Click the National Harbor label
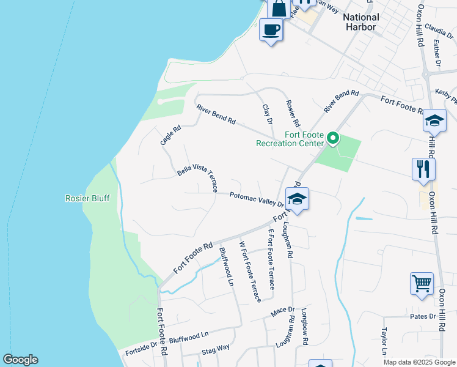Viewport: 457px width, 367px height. click(x=360, y=22)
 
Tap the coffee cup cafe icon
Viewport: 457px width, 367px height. click(x=271, y=29)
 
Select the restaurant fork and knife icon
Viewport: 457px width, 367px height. click(x=423, y=168)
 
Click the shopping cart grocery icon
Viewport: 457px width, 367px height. click(x=422, y=283)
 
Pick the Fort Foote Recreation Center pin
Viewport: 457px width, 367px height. click(x=332, y=139)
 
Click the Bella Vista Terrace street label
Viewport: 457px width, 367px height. click(x=197, y=177)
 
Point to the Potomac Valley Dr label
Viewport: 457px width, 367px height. click(x=257, y=199)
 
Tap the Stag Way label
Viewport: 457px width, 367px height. click(x=216, y=349)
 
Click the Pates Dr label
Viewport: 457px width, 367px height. click(x=423, y=316)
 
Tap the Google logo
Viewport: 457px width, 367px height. click(x=20, y=360)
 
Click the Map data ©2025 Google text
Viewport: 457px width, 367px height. click(x=419, y=362)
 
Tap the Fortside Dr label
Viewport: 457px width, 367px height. click(x=141, y=351)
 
